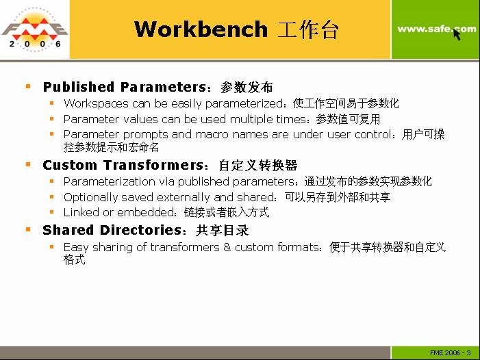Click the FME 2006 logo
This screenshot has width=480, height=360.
[35, 29]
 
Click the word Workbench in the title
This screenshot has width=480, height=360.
[201, 29]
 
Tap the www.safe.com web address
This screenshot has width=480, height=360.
[437, 29]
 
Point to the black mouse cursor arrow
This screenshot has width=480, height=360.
[457, 34]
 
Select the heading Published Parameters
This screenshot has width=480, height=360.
[125, 87]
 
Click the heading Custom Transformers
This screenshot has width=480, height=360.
[124, 165]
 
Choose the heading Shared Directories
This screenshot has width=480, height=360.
[112, 230]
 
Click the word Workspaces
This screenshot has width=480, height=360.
[96, 103]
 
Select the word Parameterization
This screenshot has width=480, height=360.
[110, 181]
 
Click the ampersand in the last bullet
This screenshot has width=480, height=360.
[227, 247]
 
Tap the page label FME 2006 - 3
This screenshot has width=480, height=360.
[451, 353]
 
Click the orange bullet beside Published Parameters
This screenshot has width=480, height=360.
[28, 86]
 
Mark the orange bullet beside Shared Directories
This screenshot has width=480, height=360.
[28, 229]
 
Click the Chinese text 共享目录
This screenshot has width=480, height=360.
[223, 231]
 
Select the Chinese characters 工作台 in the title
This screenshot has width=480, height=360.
[308, 29]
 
